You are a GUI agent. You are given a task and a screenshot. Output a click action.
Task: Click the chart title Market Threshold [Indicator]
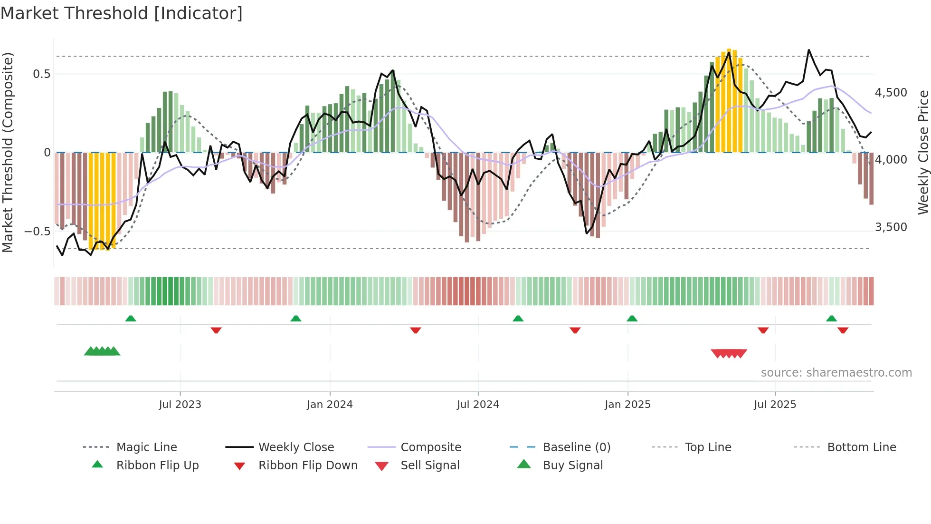pos(122,13)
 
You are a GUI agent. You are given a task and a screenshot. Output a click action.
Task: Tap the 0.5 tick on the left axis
pos(41,74)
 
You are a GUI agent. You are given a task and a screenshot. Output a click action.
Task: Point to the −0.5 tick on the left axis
pos(38,232)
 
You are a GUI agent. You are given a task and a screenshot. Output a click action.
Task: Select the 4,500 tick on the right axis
pos(891,93)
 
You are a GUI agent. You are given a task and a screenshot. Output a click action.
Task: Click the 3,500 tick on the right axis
pos(891,227)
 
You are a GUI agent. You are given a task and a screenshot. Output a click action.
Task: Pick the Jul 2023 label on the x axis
pos(180,405)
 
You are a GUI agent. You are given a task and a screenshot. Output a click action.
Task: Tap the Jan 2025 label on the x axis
pos(627,405)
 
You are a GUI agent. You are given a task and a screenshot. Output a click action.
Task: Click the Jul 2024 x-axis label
pos(478,405)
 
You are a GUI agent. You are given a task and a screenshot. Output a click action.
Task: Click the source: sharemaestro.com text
pos(836,373)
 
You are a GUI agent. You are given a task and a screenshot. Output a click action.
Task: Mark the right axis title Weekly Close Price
pos(923,152)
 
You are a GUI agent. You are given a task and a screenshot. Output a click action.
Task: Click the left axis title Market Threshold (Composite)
pos(8,152)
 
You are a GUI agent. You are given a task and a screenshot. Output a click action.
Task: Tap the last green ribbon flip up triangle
pos(831,319)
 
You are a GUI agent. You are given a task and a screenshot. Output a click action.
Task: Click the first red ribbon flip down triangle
pos(216,330)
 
